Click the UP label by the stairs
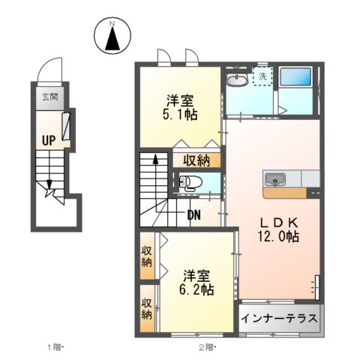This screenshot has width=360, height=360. [x=48, y=139]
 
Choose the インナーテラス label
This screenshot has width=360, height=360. [x=279, y=318]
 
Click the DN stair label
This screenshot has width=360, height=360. [x=194, y=215]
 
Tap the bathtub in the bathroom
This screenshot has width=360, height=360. [x=298, y=77]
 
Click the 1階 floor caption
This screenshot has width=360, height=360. [x=55, y=346]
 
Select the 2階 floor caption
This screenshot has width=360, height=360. [x=204, y=346]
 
